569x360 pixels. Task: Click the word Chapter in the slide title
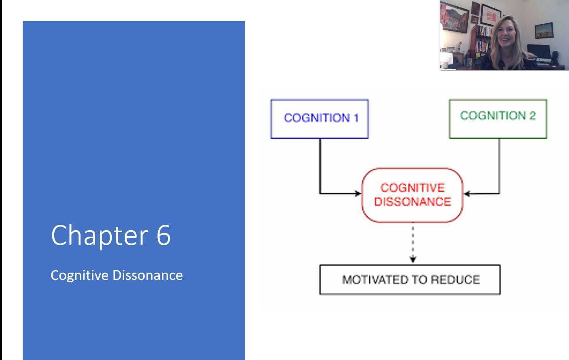100,235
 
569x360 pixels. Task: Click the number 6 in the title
163,235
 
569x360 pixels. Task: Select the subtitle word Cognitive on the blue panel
80,275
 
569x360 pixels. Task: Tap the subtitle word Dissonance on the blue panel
148,275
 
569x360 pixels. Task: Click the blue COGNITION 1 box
319,119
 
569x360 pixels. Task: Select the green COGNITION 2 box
498,119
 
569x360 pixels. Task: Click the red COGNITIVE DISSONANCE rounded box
412,195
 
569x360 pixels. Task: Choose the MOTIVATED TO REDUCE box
410,280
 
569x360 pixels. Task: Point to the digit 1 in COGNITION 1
356,118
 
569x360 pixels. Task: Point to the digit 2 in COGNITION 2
532,116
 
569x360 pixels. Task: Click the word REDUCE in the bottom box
455,280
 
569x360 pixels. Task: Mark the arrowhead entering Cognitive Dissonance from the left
358,193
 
